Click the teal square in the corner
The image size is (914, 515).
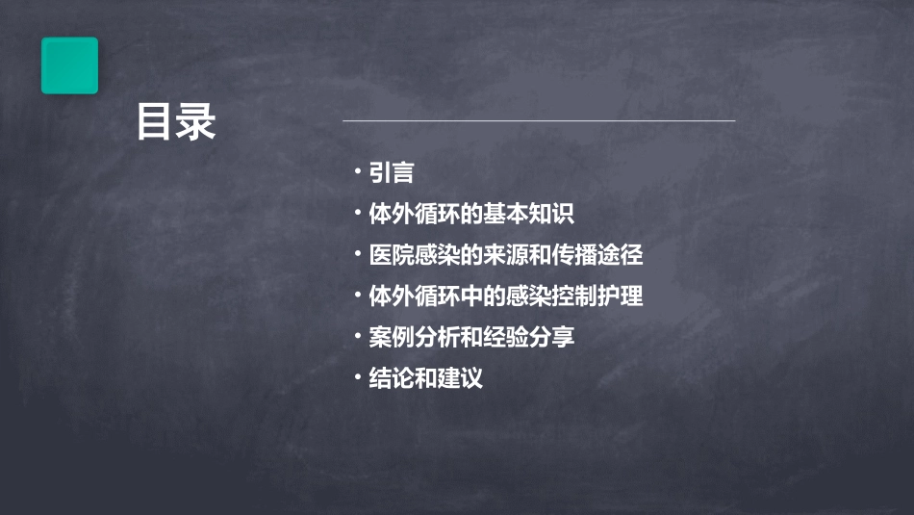click(69, 65)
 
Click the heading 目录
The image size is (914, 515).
click(176, 123)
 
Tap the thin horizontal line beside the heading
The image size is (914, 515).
click(539, 121)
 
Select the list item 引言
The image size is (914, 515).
click(392, 173)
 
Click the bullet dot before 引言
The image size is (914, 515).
click(358, 172)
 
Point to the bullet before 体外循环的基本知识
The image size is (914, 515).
click(358, 213)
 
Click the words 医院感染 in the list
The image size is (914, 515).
click(410, 255)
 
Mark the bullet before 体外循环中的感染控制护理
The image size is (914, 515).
click(358, 296)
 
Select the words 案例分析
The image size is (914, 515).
click(410, 338)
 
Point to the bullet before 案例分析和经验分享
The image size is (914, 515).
click(358, 337)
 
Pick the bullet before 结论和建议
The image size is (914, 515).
click(358, 377)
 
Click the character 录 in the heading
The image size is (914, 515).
click(196, 123)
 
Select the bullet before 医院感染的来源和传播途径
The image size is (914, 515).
click(358, 254)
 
